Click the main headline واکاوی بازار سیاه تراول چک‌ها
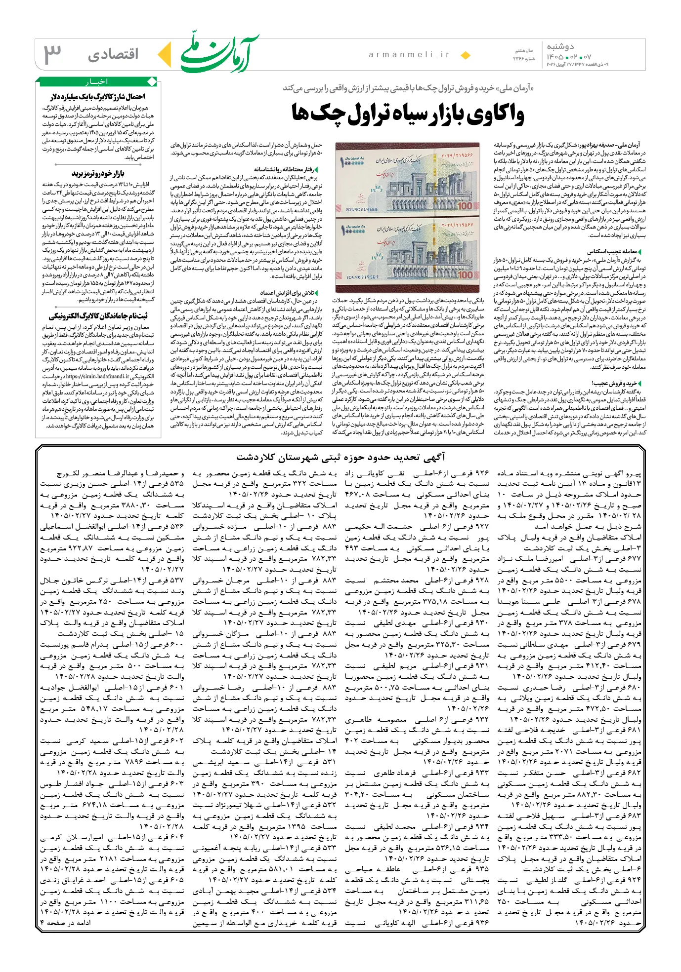coord(408,114)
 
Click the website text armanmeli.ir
coord(409,55)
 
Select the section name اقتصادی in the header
coord(113,54)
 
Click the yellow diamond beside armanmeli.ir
coord(465,55)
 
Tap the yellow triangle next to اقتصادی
coord(164,54)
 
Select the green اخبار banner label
coord(96,81)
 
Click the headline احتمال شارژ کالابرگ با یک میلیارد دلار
coord(97,96)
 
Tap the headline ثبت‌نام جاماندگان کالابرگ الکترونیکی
coord(98,316)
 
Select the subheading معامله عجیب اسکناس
coord(615,251)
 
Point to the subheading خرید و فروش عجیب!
coord(617,383)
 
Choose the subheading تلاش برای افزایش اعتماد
coord(288,293)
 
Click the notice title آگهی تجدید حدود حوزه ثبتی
coord(340,457)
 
